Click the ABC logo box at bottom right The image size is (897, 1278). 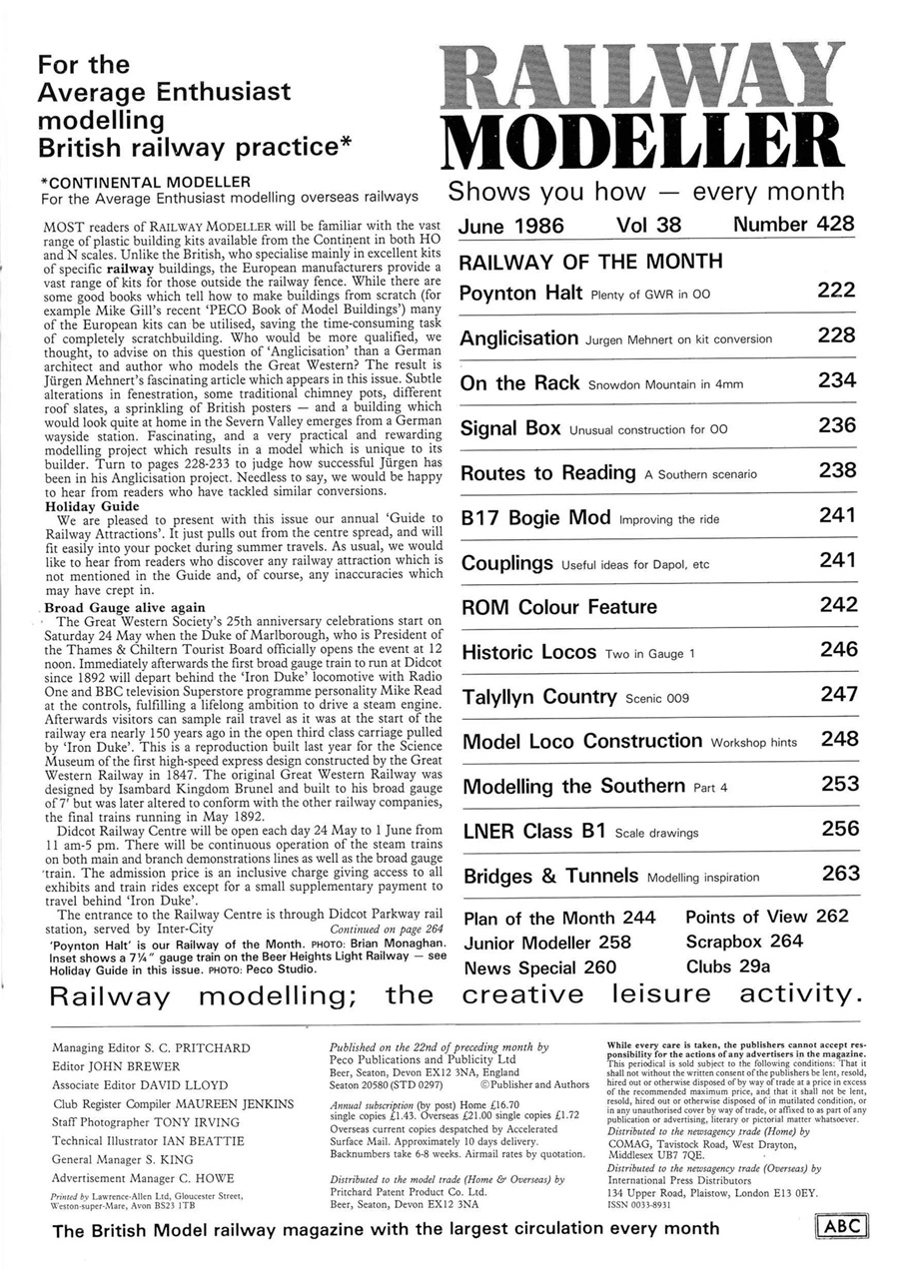pyautogui.click(x=842, y=1226)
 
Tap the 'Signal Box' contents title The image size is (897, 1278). pyautogui.click(x=510, y=427)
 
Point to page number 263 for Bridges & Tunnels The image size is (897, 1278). pyautogui.click(x=840, y=874)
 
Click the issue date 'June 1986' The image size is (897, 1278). pyautogui.click(x=510, y=225)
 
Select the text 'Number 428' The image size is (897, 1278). pyautogui.click(x=794, y=225)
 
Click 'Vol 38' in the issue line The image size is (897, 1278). pyautogui.click(x=648, y=225)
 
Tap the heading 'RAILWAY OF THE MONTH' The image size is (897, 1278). pyautogui.click(x=589, y=262)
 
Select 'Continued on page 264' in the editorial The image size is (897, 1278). pyautogui.click(x=378, y=928)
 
